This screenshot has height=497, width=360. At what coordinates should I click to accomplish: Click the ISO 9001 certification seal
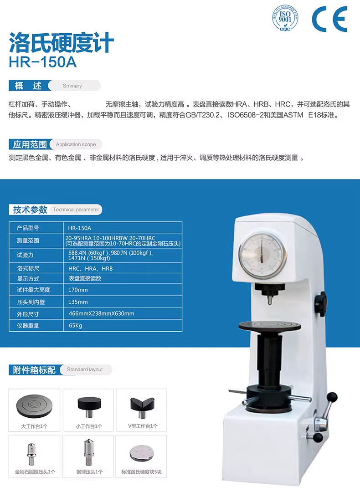click(x=285, y=19)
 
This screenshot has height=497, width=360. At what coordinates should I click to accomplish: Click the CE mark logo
click(x=330, y=20)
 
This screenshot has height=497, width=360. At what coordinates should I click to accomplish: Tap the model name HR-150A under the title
click(x=42, y=62)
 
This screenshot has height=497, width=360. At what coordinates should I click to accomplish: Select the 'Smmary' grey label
click(x=72, y=86)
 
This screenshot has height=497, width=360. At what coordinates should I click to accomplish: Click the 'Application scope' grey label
click(x=76, y=144)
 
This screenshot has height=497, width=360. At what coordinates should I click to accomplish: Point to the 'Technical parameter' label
click(x=76, y=210)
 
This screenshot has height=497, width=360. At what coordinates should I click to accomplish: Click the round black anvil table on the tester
click(x=269, y=326)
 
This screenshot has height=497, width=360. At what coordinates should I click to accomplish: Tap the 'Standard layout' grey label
click(x=85, y=369)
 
